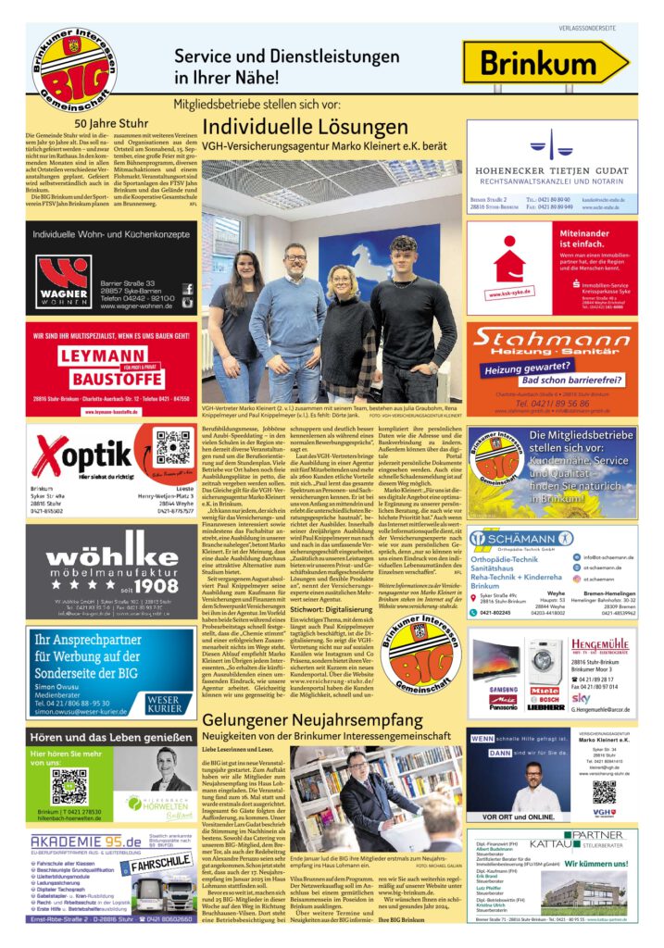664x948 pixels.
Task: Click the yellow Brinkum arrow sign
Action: tap(545, 65)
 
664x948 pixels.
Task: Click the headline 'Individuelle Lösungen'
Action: tap(305, 126)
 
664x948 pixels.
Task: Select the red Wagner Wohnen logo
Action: tap(63, 281)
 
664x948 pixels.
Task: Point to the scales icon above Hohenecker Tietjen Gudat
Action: tap(551, 143)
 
